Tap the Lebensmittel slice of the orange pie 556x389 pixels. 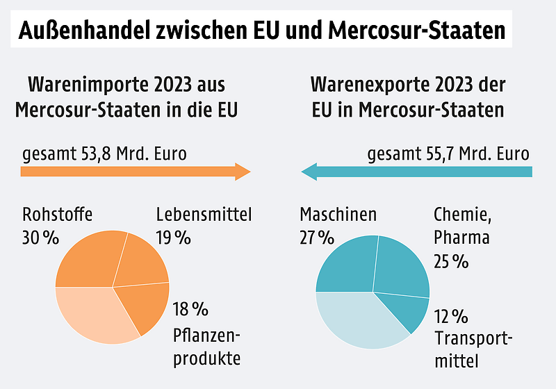[x=142, y=260]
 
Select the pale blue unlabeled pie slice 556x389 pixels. [x=354, y=316]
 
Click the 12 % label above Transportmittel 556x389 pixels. [x=450, y=317]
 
